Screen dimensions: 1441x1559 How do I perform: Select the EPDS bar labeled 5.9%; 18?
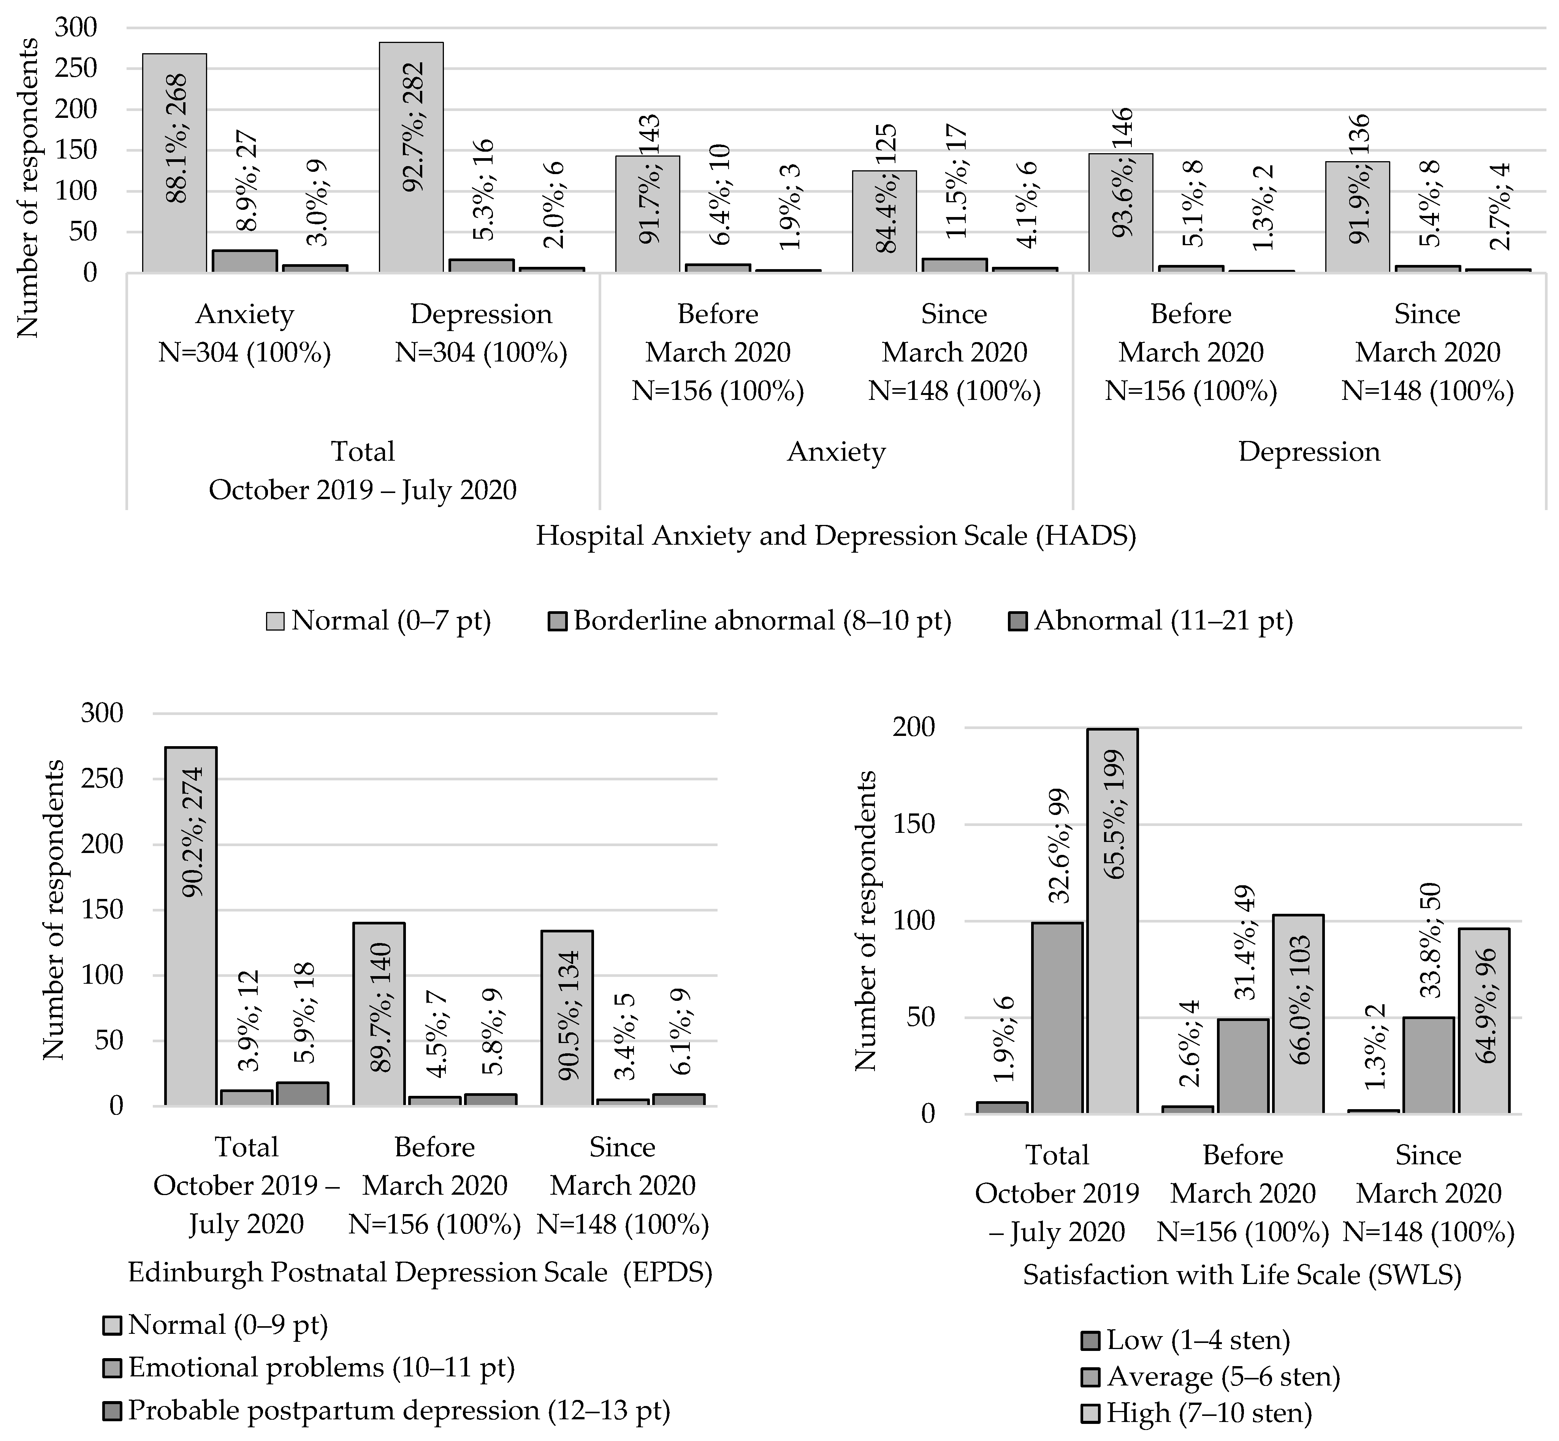point(303,1094)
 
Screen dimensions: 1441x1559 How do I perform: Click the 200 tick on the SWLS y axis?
point(916,728)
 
